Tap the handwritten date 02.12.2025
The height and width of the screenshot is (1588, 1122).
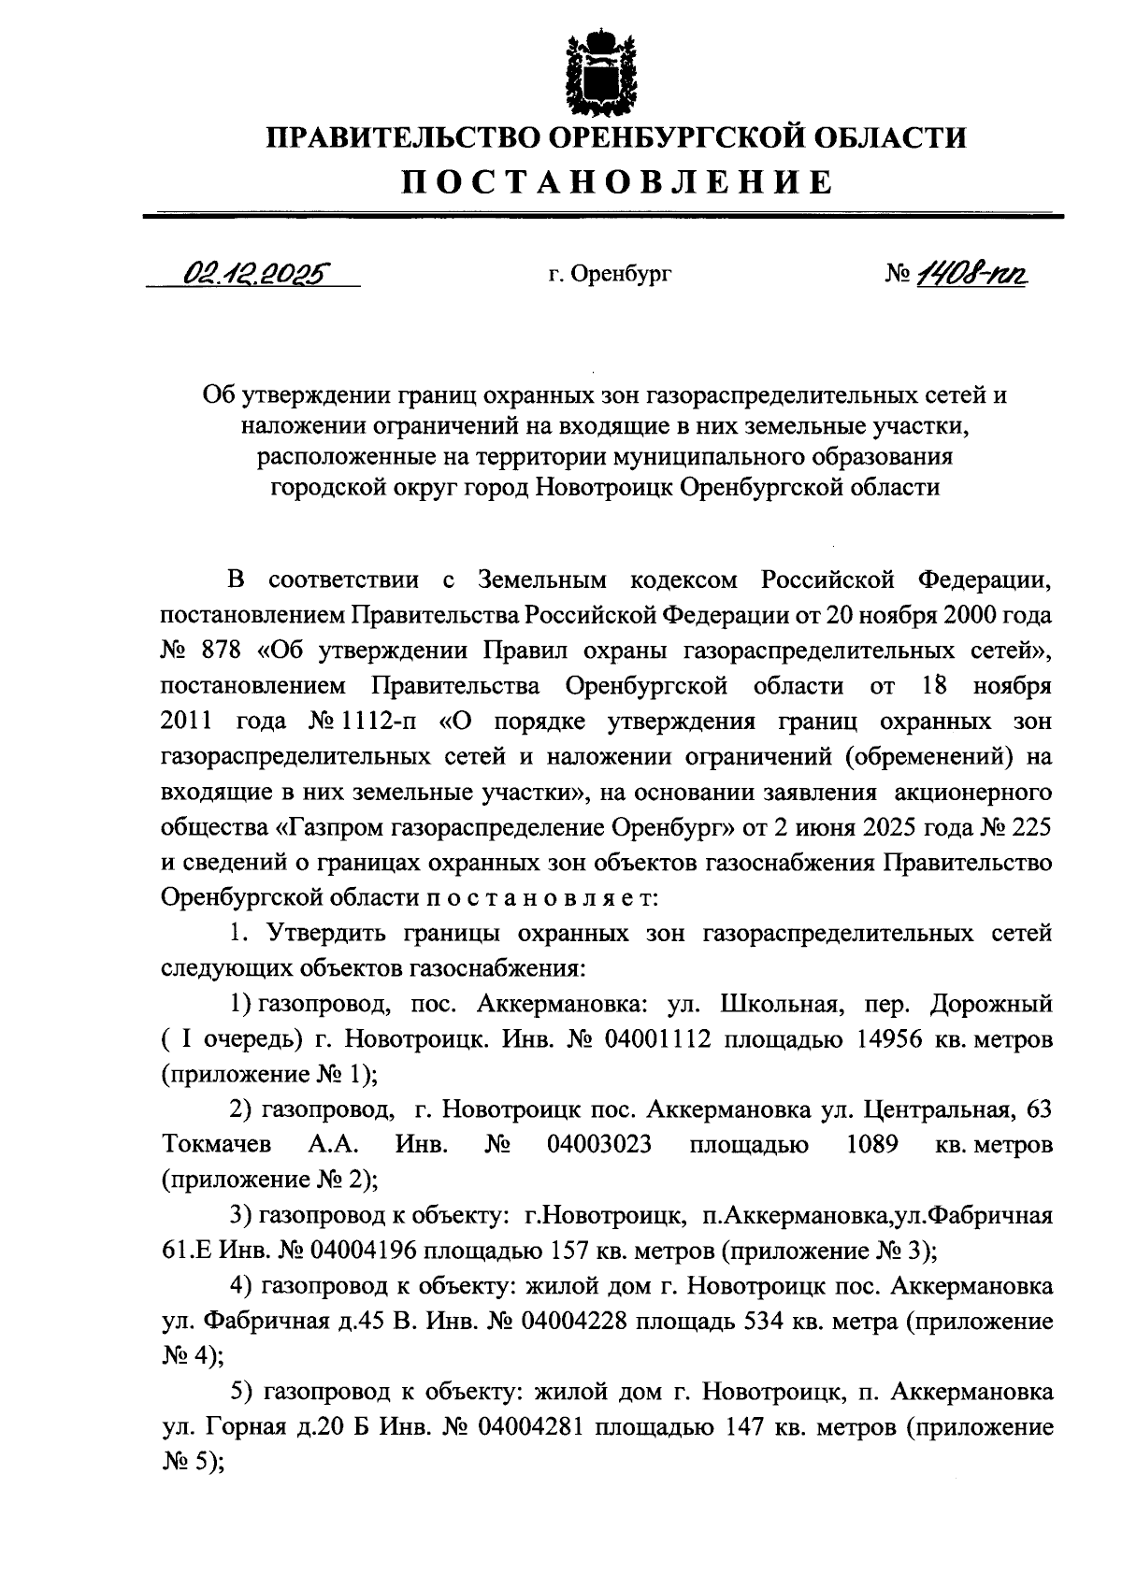point(253,273)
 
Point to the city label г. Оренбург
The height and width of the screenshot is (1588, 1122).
point(611,275)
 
